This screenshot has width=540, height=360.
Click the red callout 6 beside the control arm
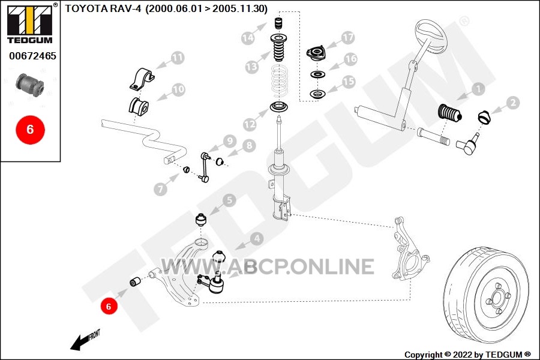(109, 306)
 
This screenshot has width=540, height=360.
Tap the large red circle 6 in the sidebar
(31, 130)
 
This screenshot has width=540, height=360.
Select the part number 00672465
(33, 56)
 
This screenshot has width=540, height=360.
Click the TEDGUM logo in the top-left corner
(30, 23)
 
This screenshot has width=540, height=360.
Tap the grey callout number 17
(348, 38)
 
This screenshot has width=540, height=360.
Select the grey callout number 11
(178, 58)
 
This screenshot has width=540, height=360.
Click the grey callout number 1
(478, 89)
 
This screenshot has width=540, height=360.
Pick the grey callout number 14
(248, 38)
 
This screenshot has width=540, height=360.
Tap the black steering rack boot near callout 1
(449, 113)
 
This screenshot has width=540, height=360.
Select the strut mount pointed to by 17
(316, 54)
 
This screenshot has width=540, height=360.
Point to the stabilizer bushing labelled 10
(139, 106)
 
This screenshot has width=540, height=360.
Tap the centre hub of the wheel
(497, 297)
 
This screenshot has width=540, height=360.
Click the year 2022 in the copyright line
(463, 355)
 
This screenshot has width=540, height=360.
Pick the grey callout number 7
(160, 189)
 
